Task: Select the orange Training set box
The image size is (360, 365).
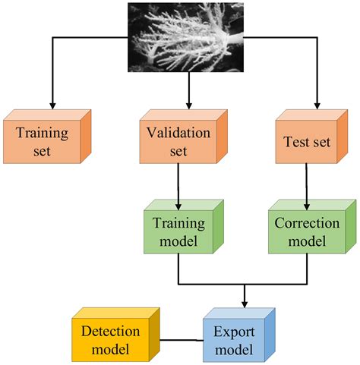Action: coord(43,142)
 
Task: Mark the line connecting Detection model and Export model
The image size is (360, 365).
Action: coord(181,339)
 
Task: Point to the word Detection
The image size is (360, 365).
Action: coord(111,331)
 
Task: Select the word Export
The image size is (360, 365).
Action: coord(234,331)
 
